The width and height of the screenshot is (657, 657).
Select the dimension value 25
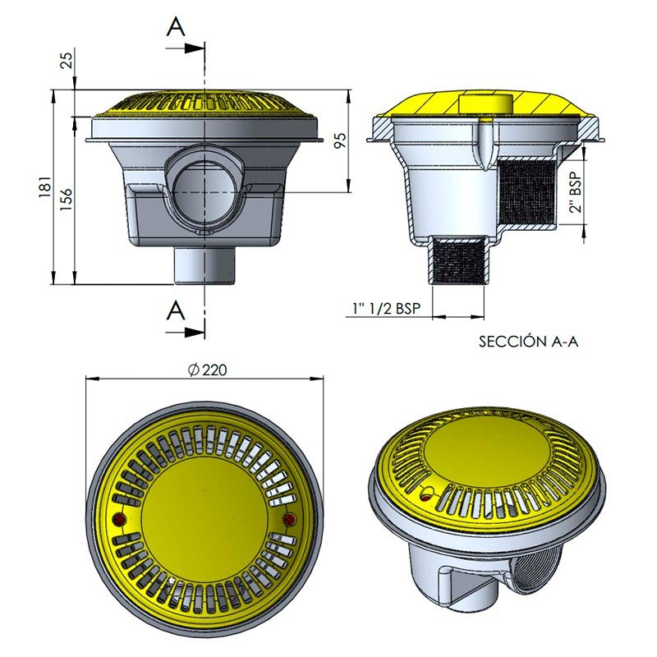(66, 59)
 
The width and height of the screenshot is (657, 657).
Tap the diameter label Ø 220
(207, 370)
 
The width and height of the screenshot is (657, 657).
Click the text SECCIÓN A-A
(528, 342)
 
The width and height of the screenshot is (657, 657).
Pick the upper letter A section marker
(176, 27)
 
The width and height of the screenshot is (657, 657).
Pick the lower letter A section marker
(176, 310)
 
